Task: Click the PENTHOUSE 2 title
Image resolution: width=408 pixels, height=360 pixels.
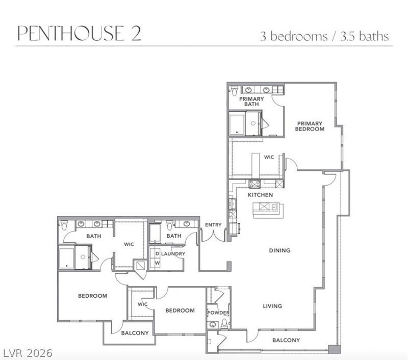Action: coord(80,33)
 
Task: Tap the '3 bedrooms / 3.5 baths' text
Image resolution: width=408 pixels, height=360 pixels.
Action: coord(324,36)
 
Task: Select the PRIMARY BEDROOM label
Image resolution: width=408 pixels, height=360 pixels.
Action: coord(310,126)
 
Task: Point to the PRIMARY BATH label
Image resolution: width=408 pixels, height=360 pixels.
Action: coord(251,101)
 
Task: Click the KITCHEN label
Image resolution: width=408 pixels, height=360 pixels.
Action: coord(260,195)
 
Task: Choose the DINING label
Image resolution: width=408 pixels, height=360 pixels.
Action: coord(279,250)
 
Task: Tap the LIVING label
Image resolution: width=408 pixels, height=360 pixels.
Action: coord(272,306)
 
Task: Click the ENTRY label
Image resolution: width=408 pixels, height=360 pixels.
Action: coord(213,225)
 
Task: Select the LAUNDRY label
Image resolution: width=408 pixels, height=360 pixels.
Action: coord(173,253)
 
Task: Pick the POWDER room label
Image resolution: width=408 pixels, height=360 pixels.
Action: coord(218,313)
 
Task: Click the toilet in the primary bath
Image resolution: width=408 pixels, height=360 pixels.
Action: coord(234,91)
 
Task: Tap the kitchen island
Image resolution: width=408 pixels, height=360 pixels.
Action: coord(268,210)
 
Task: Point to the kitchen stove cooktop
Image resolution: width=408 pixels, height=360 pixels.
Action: coord(254,184)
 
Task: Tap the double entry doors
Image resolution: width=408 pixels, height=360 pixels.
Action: coord(213,235)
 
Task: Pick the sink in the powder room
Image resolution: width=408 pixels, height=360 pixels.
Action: coord(213,325)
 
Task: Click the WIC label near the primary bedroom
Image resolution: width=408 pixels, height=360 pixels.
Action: coord(269,157)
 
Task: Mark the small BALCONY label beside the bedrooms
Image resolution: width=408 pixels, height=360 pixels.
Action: coord(135,333)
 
